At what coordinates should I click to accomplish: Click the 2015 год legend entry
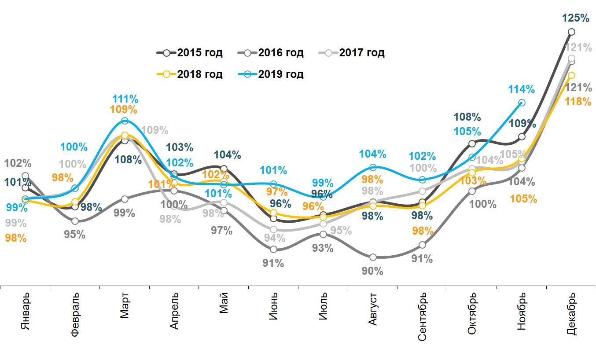(190, 53)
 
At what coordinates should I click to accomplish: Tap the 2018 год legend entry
(190, 74)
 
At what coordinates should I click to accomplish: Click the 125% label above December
(576, 18)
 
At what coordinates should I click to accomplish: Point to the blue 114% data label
(521, 89)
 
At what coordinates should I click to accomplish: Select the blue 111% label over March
(125, 99)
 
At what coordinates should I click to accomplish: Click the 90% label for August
(372, 271)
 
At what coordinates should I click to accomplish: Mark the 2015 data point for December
(571, 32)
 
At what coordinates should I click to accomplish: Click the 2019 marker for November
(522, 103)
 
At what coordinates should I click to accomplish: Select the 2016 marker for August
(373, 257)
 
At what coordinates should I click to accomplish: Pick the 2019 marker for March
(125, 121)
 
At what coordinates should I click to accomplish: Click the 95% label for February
(74, 235)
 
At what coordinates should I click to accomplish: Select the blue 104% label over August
(372, 154)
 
